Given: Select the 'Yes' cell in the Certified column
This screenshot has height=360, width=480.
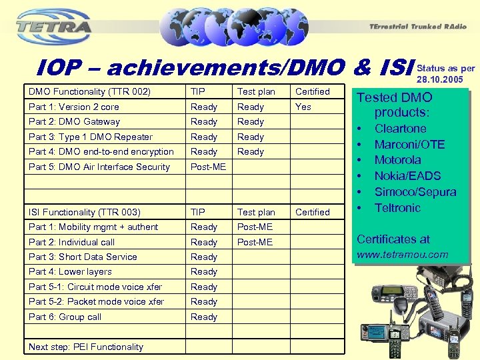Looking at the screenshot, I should (x=303, y=107).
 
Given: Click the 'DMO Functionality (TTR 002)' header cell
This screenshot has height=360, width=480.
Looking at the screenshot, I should (x=89, y=91).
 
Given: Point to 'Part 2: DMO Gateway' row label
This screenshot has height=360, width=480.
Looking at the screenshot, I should (x=74, y=121).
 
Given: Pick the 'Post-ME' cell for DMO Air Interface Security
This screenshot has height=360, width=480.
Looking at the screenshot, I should (x=208, y=167).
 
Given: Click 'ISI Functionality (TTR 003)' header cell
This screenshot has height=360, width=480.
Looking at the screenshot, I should (x=84, y=212).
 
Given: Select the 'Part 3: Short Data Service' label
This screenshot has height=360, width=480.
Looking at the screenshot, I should (x=83, y=257).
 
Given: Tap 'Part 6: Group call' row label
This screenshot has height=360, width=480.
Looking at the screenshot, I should (x=65, y=317).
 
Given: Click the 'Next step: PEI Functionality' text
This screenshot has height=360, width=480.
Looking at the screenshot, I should (x=85, y=347).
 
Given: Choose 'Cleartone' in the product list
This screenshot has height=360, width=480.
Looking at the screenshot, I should (x=400, y=129).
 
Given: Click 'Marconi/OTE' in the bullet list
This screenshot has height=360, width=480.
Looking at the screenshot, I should (x=409, y=145).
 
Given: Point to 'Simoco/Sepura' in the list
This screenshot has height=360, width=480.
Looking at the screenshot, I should (x=415, y=192).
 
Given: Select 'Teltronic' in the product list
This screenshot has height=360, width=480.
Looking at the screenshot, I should (x=397, y=208).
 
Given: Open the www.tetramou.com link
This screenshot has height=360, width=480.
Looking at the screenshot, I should (x=403, y=254).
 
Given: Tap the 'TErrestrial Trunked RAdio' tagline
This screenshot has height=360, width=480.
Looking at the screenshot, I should (x=414, y=27).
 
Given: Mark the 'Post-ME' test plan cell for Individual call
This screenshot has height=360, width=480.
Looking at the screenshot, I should (x=255, y=242).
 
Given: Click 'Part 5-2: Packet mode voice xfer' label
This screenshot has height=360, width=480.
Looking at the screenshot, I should (x=96, y=301).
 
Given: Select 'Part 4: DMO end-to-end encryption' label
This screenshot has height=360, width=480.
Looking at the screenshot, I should (x=101, y=151).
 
